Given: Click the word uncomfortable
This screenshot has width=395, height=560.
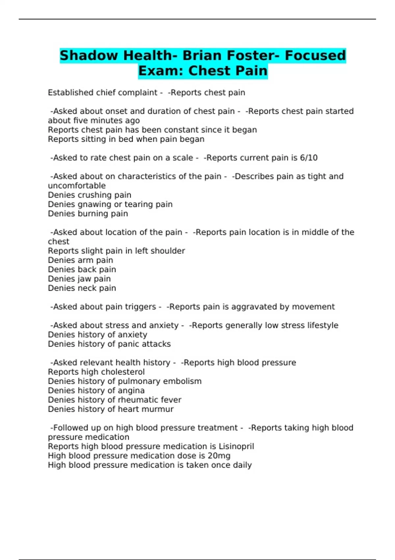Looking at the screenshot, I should [x=77, y=186].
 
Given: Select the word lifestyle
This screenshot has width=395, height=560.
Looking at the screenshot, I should [x=323, y=325].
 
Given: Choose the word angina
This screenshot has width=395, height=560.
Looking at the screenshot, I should [x=131, y=391].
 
